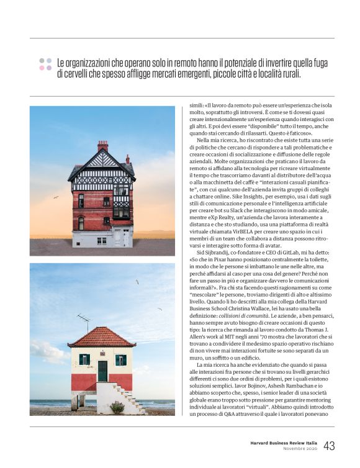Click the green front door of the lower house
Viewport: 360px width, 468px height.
(x=102, y=371)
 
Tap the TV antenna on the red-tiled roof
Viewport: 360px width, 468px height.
(x=84, y=320)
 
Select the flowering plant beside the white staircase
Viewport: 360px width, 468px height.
(x=116, y=407)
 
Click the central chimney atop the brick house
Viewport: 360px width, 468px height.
(x=102, y=146)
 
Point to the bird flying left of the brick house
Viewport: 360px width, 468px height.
(x=55, y=197)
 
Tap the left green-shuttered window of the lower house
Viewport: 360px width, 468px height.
(x=84, y=359)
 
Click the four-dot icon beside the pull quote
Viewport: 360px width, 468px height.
(x=45, y=64)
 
